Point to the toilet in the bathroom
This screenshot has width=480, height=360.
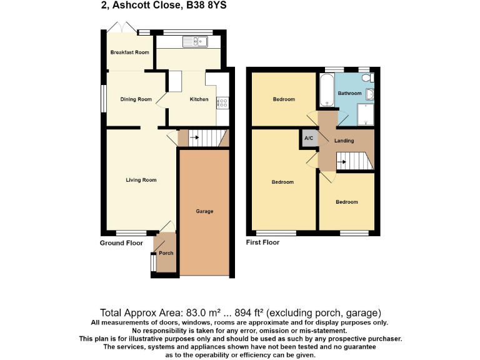click(x=370, y=78)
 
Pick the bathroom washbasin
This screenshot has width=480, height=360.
click(x=370, y=94)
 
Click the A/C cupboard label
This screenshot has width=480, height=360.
click(x=309, y=138)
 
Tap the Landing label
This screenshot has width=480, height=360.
click(x=344, y=141)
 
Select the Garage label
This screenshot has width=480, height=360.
click(x=204, y=211)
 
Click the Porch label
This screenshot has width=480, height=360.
click(x=166, y=253)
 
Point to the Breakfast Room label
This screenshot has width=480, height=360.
click(x=130, y=52)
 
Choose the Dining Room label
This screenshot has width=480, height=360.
click(x=136, y=99)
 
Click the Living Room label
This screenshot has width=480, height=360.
click(x=141, y=180)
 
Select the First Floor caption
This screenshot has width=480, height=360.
click(x=263, y=242)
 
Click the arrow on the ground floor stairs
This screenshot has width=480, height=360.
click(x=194, y=136)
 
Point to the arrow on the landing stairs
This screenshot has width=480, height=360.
click(x=341, y=162)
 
